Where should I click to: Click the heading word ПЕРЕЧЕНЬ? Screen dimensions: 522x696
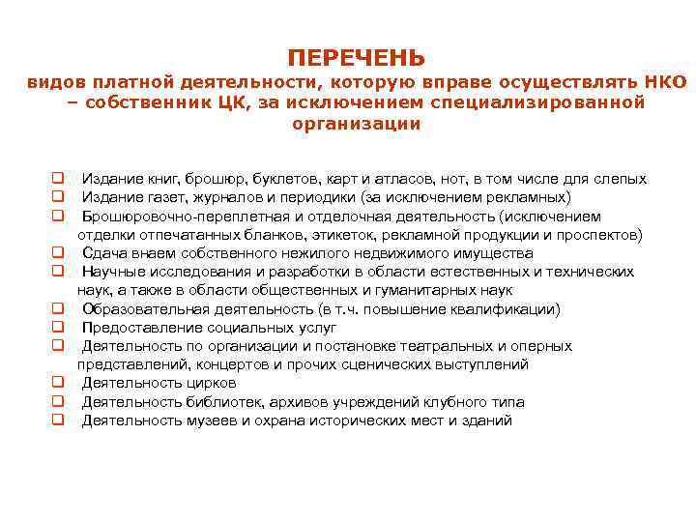[356, 57]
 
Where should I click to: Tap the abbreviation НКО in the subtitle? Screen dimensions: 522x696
[664, 82]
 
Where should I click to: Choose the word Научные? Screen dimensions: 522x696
[109, 272]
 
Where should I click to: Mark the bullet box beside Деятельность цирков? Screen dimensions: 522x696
[57, 383]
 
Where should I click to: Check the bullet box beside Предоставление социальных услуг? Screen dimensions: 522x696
[57, 328]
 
